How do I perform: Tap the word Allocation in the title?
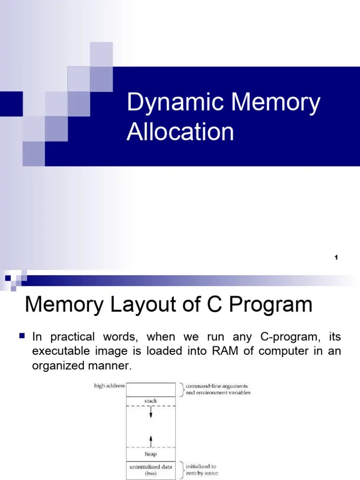point(180,132)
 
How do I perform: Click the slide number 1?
point(336,257)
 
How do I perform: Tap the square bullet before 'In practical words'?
point(22,336)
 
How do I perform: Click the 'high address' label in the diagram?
point(109,386)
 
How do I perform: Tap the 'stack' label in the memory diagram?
point(151,401)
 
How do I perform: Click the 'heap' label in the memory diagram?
point(151,454)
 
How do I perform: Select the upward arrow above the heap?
point(151,440)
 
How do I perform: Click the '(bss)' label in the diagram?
point(151,474)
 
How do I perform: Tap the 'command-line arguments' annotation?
point(218,386)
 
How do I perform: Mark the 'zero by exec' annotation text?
point(202,473)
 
